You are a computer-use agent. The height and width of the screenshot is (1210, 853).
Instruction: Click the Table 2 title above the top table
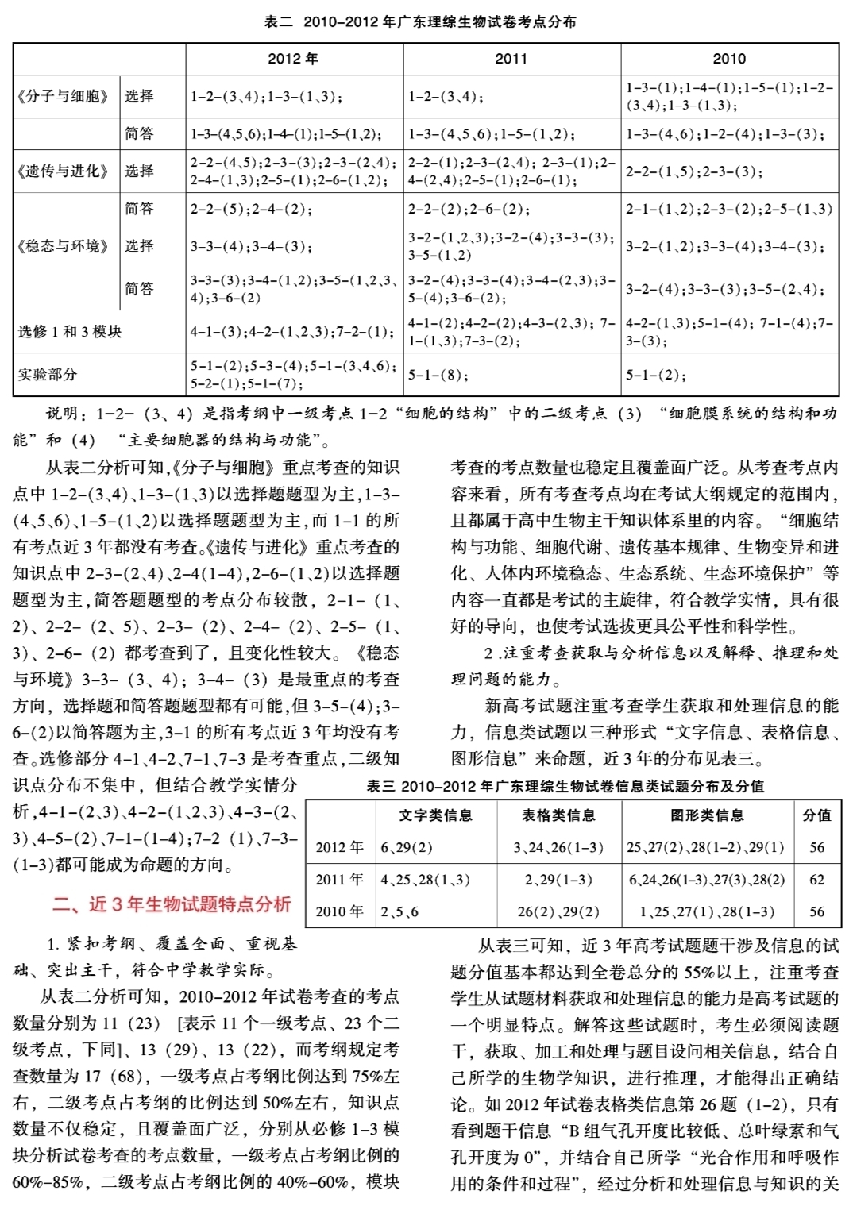[x=420, y=22]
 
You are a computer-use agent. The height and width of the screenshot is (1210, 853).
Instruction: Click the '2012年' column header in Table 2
[x=293, y=59]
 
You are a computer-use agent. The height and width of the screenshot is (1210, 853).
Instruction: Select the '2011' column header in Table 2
[x=511, y=59]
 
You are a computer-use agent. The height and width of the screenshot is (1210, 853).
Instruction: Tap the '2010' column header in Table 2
[x=729, y=59]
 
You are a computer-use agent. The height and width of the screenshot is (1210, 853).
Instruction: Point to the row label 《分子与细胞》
[x=63, y=96]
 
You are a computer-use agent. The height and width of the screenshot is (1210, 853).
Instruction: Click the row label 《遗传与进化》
[x=63, y=171]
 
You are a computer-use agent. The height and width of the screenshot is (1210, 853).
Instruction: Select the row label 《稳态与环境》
[x=63, y=246]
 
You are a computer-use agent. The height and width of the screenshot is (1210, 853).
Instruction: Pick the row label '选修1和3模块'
[x=70, y=331]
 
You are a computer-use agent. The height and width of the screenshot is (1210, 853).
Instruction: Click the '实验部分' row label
[x=48, y=374]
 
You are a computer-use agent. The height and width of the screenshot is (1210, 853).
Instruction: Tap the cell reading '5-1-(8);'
[x=438, y=375]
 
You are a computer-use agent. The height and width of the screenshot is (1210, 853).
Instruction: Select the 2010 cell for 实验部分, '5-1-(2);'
[x=656, y=375]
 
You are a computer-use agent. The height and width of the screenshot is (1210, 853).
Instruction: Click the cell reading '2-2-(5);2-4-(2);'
[x=251, y=210]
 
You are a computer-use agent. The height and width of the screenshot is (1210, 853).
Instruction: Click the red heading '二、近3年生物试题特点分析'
[x=172, y=904]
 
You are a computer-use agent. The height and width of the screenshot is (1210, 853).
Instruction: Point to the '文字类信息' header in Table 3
[x=435, y=815]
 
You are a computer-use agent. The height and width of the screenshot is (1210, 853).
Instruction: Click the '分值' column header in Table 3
[x=816, y=815]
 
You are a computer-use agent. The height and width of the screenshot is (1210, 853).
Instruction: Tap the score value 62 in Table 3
[x=816, y=880]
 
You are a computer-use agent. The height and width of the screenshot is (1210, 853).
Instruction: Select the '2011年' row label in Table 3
[x=339, y=880]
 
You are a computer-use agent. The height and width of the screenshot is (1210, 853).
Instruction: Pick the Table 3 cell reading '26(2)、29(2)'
[x=558, y=911]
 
